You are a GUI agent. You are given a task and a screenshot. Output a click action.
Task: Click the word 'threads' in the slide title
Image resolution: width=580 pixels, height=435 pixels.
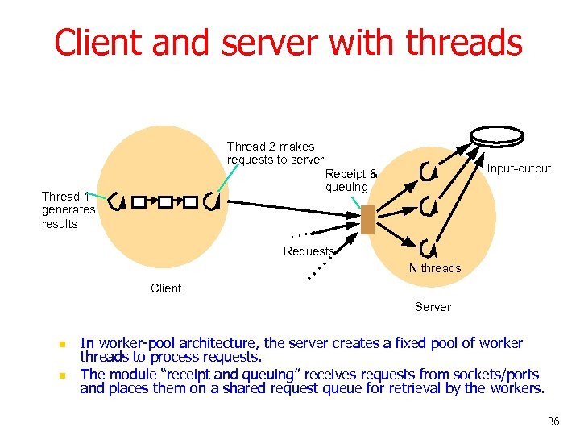tap(465, 42)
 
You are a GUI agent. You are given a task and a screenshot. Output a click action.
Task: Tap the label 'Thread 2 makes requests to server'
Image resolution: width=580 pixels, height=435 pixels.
tap(275, 153)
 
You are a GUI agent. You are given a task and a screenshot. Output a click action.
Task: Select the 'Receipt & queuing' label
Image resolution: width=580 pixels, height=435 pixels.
tap(350, 180)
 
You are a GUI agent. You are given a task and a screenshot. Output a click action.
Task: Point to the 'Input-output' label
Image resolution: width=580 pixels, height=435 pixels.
tap(519, 168)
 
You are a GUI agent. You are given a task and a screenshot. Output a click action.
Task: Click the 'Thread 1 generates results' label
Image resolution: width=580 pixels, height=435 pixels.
tap(68, 210)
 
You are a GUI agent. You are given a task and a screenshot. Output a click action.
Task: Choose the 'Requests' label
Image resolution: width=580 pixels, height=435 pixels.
tap(309, 251)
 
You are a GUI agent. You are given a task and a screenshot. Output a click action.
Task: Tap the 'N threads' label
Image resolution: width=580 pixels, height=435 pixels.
tap(435, 268)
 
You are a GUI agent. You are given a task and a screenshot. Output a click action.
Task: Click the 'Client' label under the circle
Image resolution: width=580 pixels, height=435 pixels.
tap(166, 288)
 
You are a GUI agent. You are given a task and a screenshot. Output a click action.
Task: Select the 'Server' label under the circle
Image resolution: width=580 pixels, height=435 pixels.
tap(433, 307)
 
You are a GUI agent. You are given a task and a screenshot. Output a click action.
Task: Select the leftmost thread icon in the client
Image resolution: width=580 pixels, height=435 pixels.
tap(115, 200)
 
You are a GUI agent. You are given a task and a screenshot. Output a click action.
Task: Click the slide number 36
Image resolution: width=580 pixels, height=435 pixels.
tap(553, 421)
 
